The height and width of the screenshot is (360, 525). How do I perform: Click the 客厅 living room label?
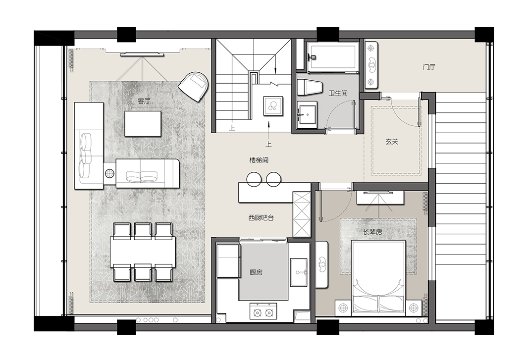click(144, 101)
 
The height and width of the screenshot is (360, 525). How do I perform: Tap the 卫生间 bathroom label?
click(338, 93)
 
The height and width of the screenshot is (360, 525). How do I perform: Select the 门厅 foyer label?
click(429, 67)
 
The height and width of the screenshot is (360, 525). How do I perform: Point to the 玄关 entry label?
click(392, 141)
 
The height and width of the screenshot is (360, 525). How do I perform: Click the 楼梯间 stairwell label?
click(259, 160)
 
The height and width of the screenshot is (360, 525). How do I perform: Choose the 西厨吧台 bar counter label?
click(261, 218)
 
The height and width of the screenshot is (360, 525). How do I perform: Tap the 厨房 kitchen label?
click(256, 272)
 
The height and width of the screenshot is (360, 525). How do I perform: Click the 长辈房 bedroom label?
click(372, 231)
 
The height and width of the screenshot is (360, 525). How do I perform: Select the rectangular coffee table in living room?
click(143, 124)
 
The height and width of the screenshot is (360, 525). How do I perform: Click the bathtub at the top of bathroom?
click(332, 56)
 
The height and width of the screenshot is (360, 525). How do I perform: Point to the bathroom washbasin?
click(307, 115)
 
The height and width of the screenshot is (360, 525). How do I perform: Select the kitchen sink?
click(299, 272)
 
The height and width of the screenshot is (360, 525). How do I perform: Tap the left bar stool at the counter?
click(254, 179)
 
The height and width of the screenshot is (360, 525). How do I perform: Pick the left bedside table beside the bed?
click(343, 308)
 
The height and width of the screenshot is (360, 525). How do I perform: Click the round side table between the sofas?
click(109, 173)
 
